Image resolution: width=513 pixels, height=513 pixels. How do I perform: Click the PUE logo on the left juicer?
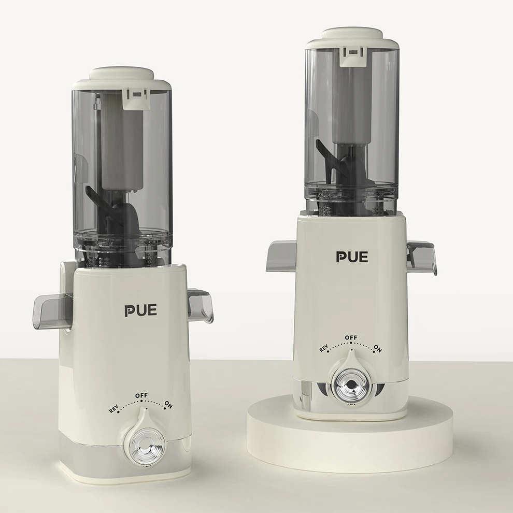pos(140,310)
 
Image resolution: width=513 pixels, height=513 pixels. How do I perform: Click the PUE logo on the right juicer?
pos(352,256)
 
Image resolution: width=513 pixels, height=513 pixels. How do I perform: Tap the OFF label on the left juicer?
pos(141,395)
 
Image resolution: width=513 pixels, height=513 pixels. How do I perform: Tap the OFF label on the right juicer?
pos(351,338)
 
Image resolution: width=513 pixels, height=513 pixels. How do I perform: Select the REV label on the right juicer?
pos(323,349)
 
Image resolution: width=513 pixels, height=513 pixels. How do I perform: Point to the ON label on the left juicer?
pos(168,404)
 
